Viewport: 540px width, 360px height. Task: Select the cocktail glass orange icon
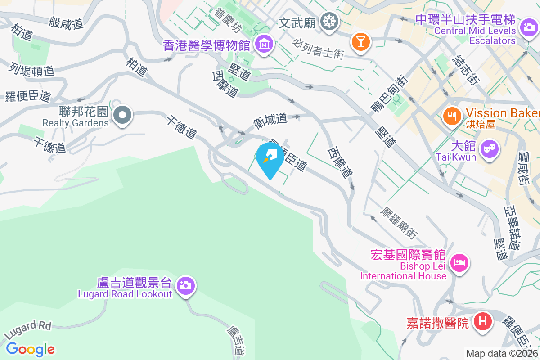tap(360, 41)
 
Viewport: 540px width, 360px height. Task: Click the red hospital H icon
tap(483, 322)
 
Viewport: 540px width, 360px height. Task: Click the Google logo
tap(31, 349)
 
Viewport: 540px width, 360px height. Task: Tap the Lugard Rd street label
tap(28, 330)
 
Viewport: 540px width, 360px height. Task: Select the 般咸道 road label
tap(67, 22)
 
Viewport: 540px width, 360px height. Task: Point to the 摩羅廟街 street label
tap(399, 223)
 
